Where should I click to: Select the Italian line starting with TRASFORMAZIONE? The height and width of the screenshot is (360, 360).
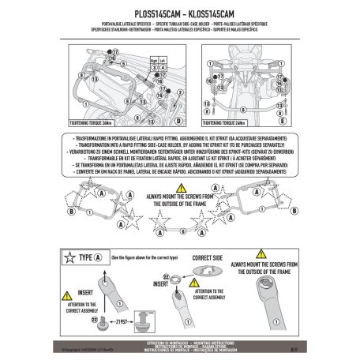pyautogui.click(x=180, y=137)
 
